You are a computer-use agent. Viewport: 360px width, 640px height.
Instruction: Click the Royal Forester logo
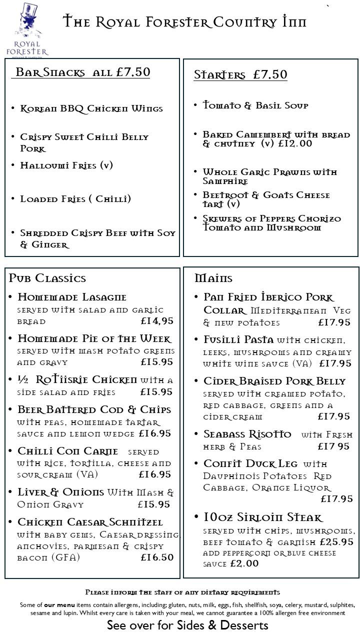coord(27,29)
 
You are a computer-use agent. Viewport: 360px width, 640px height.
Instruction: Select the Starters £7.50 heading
coord(240,75)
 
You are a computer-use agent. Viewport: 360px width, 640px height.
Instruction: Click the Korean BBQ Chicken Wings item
coord(91,109)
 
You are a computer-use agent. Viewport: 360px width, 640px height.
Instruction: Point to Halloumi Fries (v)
coord(66,165)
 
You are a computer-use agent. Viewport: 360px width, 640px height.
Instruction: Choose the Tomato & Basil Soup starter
coord(255,105)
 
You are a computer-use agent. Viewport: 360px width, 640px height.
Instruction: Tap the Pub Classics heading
coord(47,278)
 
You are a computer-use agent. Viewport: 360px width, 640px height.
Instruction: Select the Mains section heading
coord(213,278)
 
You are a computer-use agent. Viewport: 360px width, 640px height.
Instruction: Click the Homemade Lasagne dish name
coord(72,297)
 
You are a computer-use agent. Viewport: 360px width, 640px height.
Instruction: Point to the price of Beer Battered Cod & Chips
coord(155,434)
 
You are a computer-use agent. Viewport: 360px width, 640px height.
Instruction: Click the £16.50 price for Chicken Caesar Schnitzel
coord(157,557)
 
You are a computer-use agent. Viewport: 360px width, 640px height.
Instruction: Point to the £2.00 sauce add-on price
coord(244,564)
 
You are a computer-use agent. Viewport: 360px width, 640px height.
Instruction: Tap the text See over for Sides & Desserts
coord(187,625)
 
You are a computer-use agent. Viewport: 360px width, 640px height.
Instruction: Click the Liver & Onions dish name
coord(61,492)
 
